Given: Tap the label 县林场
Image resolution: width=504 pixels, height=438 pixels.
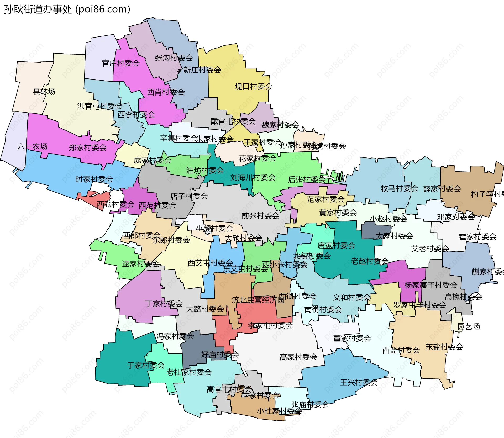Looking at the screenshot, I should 44,92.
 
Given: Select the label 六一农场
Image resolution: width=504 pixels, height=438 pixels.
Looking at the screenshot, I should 32,146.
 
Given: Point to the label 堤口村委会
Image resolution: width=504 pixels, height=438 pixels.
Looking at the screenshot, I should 253,86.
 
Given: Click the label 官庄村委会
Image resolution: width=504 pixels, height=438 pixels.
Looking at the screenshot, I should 120,63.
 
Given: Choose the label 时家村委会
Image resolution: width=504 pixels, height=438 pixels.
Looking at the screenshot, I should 94,179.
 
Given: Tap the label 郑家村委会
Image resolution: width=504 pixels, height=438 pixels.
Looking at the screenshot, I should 87,147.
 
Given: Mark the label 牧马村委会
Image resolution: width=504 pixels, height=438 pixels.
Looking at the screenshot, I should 399,188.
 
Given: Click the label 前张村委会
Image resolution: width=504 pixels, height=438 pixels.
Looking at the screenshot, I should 260,215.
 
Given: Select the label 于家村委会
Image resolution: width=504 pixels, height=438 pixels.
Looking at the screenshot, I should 146,365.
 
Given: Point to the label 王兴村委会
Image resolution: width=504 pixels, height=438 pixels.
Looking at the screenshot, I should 359,382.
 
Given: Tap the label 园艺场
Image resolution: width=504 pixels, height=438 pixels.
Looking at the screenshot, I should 469,326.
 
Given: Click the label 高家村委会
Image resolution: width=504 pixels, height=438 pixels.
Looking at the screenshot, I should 298,357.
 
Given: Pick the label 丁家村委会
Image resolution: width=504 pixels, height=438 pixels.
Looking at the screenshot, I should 164,304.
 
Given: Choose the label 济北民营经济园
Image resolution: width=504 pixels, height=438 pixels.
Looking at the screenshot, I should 258,300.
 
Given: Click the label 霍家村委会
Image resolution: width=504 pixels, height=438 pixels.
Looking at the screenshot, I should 477,236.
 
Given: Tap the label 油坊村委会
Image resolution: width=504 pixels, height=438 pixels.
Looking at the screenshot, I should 205,170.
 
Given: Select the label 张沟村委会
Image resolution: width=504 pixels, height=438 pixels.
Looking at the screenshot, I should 174,58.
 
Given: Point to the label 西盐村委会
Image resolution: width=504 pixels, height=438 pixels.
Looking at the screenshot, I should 401,350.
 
